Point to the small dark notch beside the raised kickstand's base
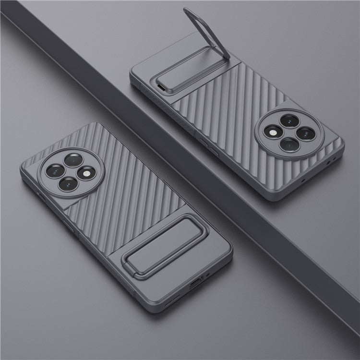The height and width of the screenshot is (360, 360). pyautogui.click(x=161, y=86)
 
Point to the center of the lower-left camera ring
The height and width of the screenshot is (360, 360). pyautogui.click(x=70, y=171)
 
